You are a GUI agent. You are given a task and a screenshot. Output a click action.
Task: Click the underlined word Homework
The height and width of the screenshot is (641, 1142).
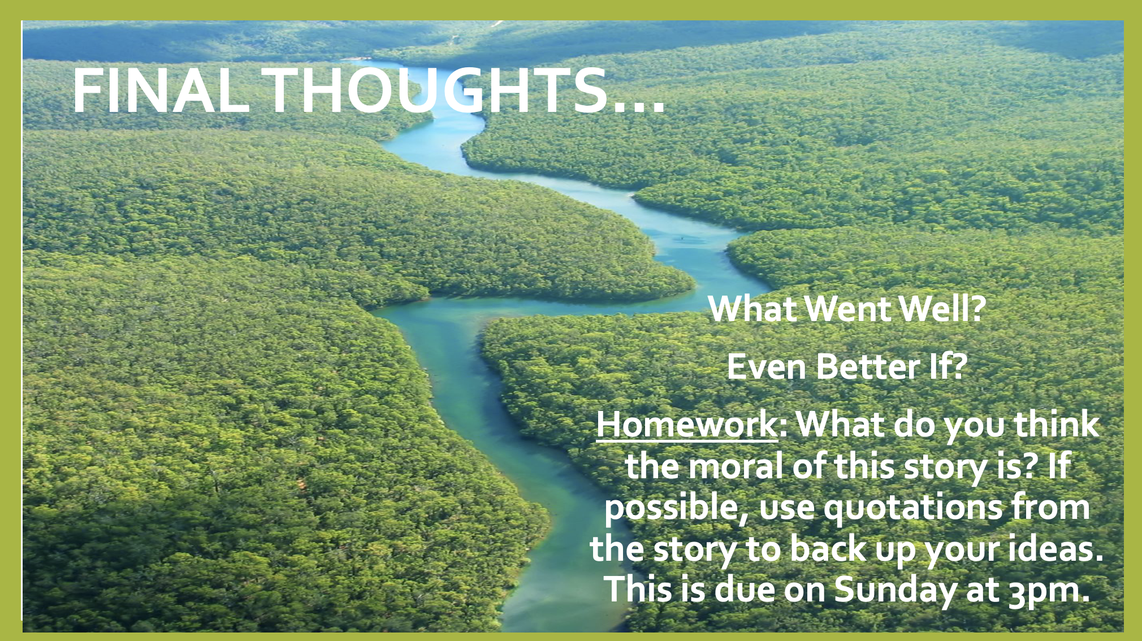point(687,423)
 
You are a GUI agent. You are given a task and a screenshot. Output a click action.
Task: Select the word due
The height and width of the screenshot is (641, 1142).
point(745,590)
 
